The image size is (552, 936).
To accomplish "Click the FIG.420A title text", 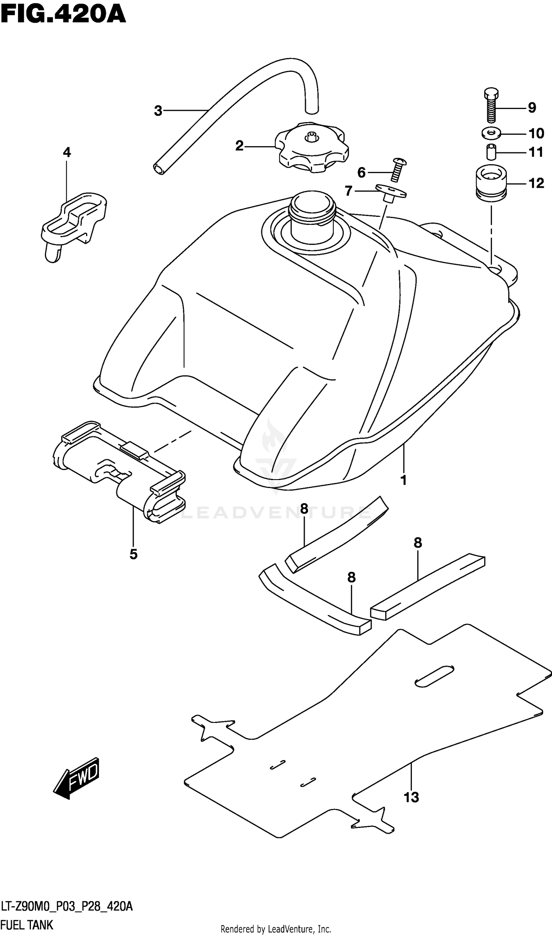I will (x=63, y=15).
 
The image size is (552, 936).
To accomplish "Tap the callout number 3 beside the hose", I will (x=158, y=111).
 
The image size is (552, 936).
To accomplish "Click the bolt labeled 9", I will (x=491, y=106).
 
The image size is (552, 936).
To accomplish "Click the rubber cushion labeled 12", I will (x=491, y=183).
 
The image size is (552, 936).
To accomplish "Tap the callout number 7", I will (x=348, y=191).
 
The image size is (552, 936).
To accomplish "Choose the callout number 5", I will (x=134, y=555).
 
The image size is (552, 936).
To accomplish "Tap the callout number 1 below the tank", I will (x=404, y=480).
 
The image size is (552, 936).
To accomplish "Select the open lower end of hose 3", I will (x=159, y=169).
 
